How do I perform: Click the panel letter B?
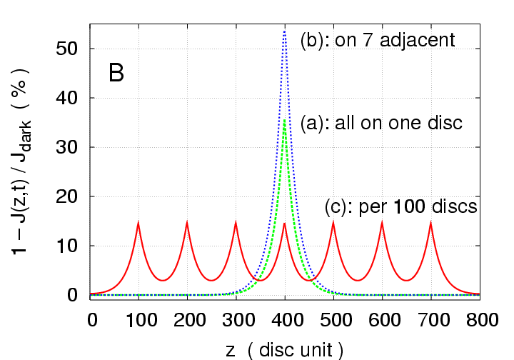116,73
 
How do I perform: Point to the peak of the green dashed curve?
284,120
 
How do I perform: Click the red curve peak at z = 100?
138,223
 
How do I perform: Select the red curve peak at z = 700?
430,223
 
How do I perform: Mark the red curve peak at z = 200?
187,223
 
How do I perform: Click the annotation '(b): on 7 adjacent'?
378,39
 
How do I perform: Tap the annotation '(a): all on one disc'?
381,123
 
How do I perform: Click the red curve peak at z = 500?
333,223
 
